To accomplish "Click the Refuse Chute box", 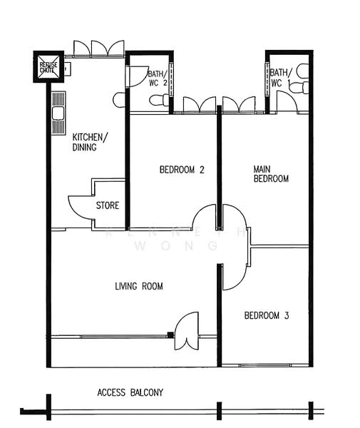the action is tap(48, 67).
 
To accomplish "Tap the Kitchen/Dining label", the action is tap(90, 142).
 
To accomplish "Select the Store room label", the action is tap(108, 205).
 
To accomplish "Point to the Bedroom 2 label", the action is tap(182, 170).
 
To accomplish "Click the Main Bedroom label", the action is tap(271, 174).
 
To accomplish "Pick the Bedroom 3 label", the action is tap(267, 315).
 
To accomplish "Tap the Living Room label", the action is tap(139, 286).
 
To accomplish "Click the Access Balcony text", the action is tap(130, 392).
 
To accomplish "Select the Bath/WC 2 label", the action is tap(158, 78).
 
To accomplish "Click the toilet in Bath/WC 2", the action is tap(160, 100).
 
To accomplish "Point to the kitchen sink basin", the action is tap(58, 113).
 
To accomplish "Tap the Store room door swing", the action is tap(81, 208).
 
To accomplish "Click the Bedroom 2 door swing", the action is tap(205, 216).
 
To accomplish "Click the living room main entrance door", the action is tap(186, 331).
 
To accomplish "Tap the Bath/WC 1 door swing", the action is tap(287, 101).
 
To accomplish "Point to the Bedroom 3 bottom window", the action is tap(265, 365).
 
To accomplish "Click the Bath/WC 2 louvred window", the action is tap(171, 79).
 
